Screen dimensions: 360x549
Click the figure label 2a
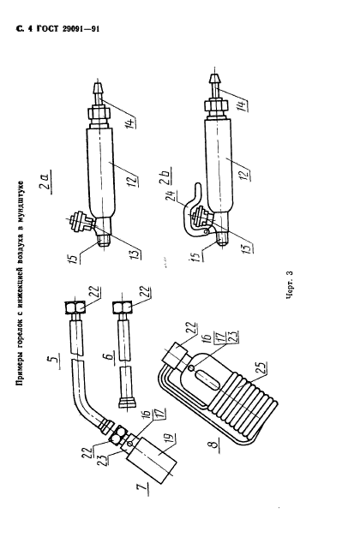point(45,181)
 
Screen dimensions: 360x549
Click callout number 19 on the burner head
point(171,440)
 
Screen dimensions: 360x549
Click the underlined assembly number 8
point(214,445)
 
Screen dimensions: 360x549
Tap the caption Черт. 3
point(290,284)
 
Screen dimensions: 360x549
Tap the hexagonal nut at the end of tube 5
point(75,307)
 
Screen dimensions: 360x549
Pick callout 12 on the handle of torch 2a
point(134,181)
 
